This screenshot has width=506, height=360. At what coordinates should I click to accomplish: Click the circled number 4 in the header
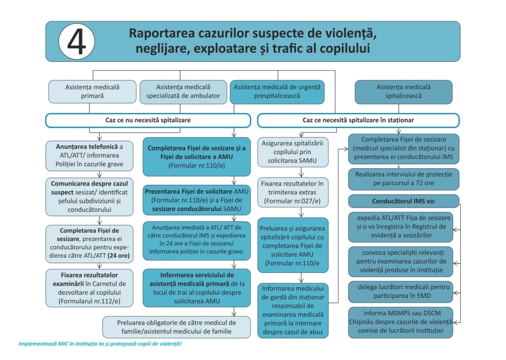[77, 42]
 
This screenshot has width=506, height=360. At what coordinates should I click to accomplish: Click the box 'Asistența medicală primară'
[92, 91]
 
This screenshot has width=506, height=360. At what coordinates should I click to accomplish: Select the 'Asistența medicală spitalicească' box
[403, 91]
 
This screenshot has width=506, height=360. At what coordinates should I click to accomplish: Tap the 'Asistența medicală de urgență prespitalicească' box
[277, 91]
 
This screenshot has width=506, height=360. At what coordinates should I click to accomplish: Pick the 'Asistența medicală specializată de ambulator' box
[183, 91]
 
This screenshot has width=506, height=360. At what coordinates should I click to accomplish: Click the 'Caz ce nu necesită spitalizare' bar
[148, 120]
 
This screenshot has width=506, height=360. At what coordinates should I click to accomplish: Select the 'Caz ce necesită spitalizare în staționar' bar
[358, 120]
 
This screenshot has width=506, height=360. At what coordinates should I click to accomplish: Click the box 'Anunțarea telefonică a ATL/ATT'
[89, 156]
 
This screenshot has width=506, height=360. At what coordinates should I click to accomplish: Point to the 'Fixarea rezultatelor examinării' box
[89, 288]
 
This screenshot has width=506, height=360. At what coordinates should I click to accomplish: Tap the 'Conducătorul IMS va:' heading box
[403, 201]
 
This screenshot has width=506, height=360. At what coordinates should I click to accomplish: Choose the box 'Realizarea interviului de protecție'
[403, 179]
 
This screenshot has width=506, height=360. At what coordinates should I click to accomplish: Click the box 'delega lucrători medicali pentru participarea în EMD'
[401, 292]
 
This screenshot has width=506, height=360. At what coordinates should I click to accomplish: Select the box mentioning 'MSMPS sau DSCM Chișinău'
[401, 322]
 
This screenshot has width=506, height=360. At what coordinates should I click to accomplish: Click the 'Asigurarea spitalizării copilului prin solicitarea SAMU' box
[293, 152]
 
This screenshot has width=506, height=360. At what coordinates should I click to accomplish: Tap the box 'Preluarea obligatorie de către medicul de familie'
[176, 327]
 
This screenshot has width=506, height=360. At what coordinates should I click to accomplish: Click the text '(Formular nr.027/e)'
[293, 201]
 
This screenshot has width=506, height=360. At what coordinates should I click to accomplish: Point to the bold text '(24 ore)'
[119, 256]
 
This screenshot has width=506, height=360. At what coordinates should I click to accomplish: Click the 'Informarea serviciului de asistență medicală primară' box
[197, 288]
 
